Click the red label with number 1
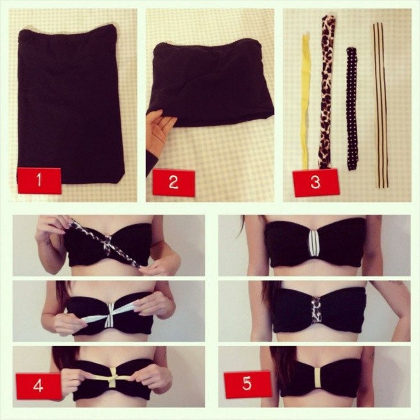pos(39,180)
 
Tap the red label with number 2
pos(173,183)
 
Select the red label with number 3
pos(315,182)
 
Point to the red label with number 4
pos(39,386)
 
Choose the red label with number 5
pos(247,384)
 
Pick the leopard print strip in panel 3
pos(327,91)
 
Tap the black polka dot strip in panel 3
pos(352,109)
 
